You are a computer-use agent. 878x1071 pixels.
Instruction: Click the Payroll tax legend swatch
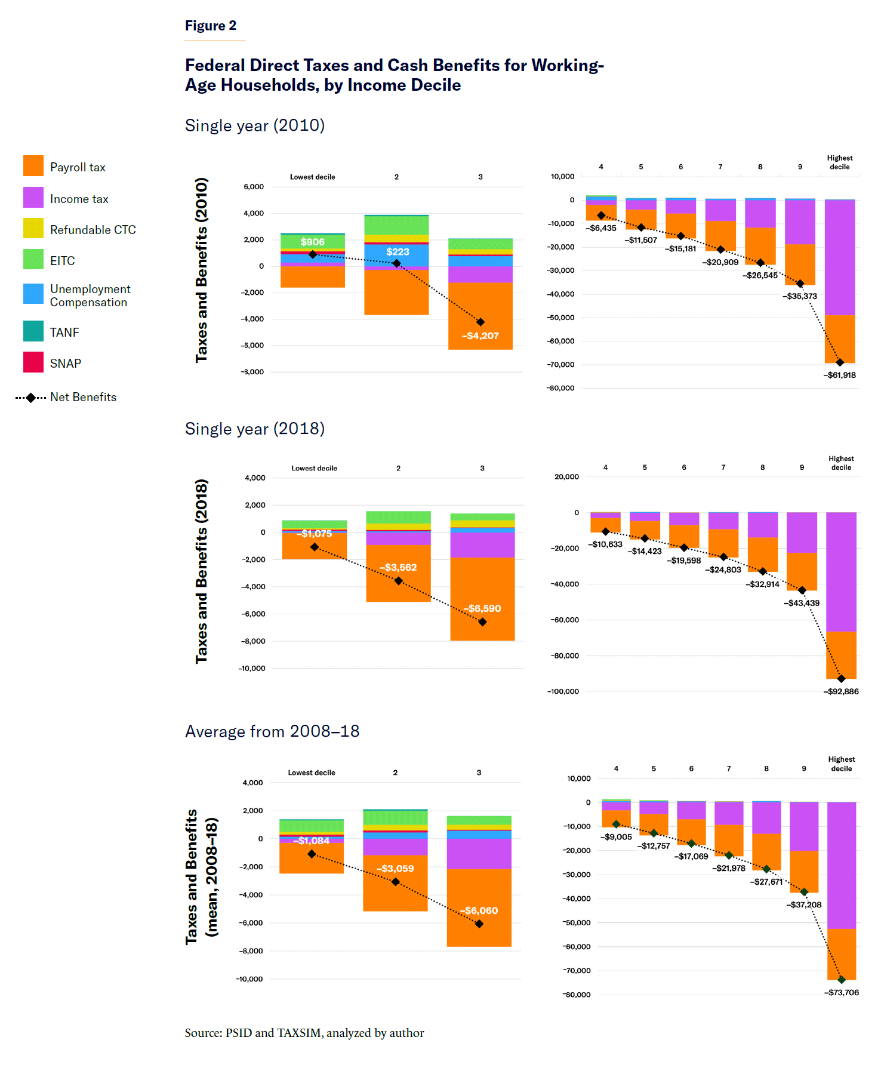(33, 166)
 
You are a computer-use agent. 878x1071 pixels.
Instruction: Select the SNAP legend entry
(65, 363)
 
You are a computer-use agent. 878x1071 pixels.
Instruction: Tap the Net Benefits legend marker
(30, 398)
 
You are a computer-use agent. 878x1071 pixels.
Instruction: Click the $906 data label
(312, 242)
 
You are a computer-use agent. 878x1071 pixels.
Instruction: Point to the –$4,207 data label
(480, 336)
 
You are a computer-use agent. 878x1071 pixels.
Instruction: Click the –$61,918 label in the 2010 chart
(840, 375)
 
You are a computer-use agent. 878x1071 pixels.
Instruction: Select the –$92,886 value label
(841, 691)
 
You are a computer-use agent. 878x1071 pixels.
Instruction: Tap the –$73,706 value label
(842, 992)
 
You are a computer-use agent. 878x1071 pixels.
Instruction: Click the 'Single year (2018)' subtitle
(255, 429)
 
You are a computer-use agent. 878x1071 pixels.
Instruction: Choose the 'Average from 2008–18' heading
(272, 731)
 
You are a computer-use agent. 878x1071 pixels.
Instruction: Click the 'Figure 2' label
(211, 26)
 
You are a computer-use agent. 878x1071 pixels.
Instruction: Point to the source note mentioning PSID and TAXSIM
(304, 1033)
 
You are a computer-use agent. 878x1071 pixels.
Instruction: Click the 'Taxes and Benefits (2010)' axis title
(202, 270)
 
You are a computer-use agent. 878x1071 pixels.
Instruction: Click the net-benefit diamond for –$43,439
(802, 590)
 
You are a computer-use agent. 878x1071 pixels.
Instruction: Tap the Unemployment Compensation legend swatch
(33, 294)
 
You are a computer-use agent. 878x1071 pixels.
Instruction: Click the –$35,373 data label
(800, 296)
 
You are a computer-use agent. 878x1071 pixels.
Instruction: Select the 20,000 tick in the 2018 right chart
(566, 476)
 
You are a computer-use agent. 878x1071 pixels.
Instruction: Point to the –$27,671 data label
(766, 882)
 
